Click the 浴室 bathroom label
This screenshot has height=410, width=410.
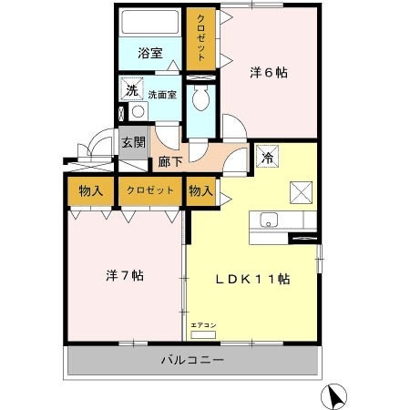(x=150, y=53)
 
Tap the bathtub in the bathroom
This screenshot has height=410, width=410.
(x=150, y=22)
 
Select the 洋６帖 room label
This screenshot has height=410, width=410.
(x=269, y=73)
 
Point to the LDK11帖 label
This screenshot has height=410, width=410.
(x=252, y=279)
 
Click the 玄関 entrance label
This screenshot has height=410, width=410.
(x=134, y=143)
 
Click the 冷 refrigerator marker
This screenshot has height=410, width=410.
(x=267, y=156)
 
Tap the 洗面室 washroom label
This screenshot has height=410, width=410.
(x=163, y=93)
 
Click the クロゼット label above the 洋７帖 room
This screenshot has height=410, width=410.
(x=149, y=190)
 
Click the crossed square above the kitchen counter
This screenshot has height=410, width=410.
(x=301, y=190)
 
